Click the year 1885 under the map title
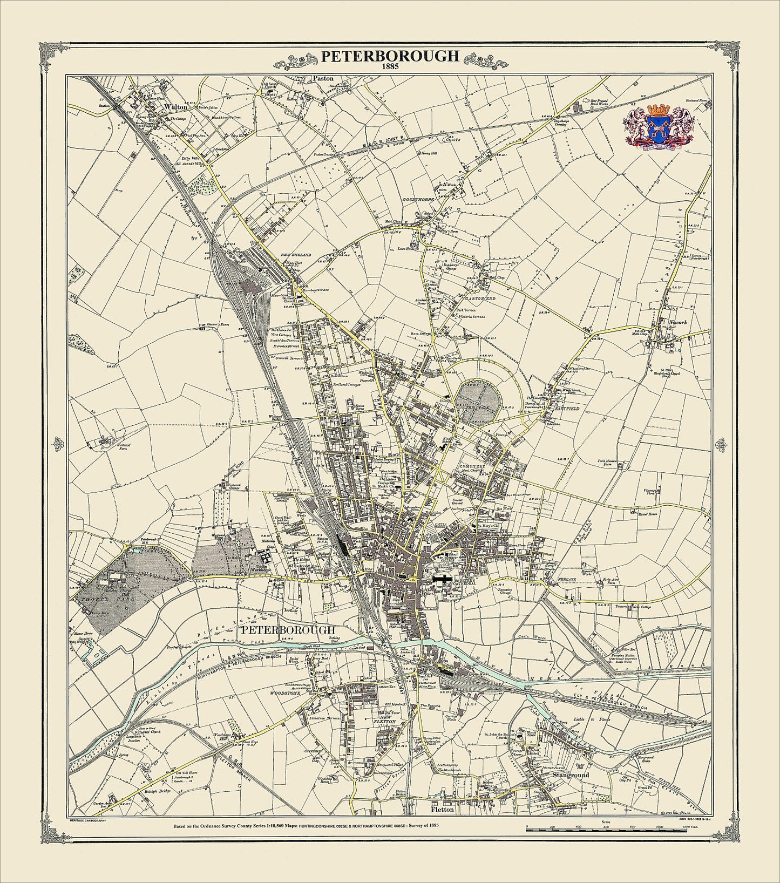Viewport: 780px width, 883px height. coord(390,67)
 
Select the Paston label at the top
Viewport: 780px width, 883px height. coord(324,78)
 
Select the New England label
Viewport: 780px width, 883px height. coord(296,254)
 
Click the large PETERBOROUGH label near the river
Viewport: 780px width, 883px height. coord(288,630)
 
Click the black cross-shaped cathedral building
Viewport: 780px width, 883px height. coord(441,580)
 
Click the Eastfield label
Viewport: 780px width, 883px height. coord(566,409)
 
